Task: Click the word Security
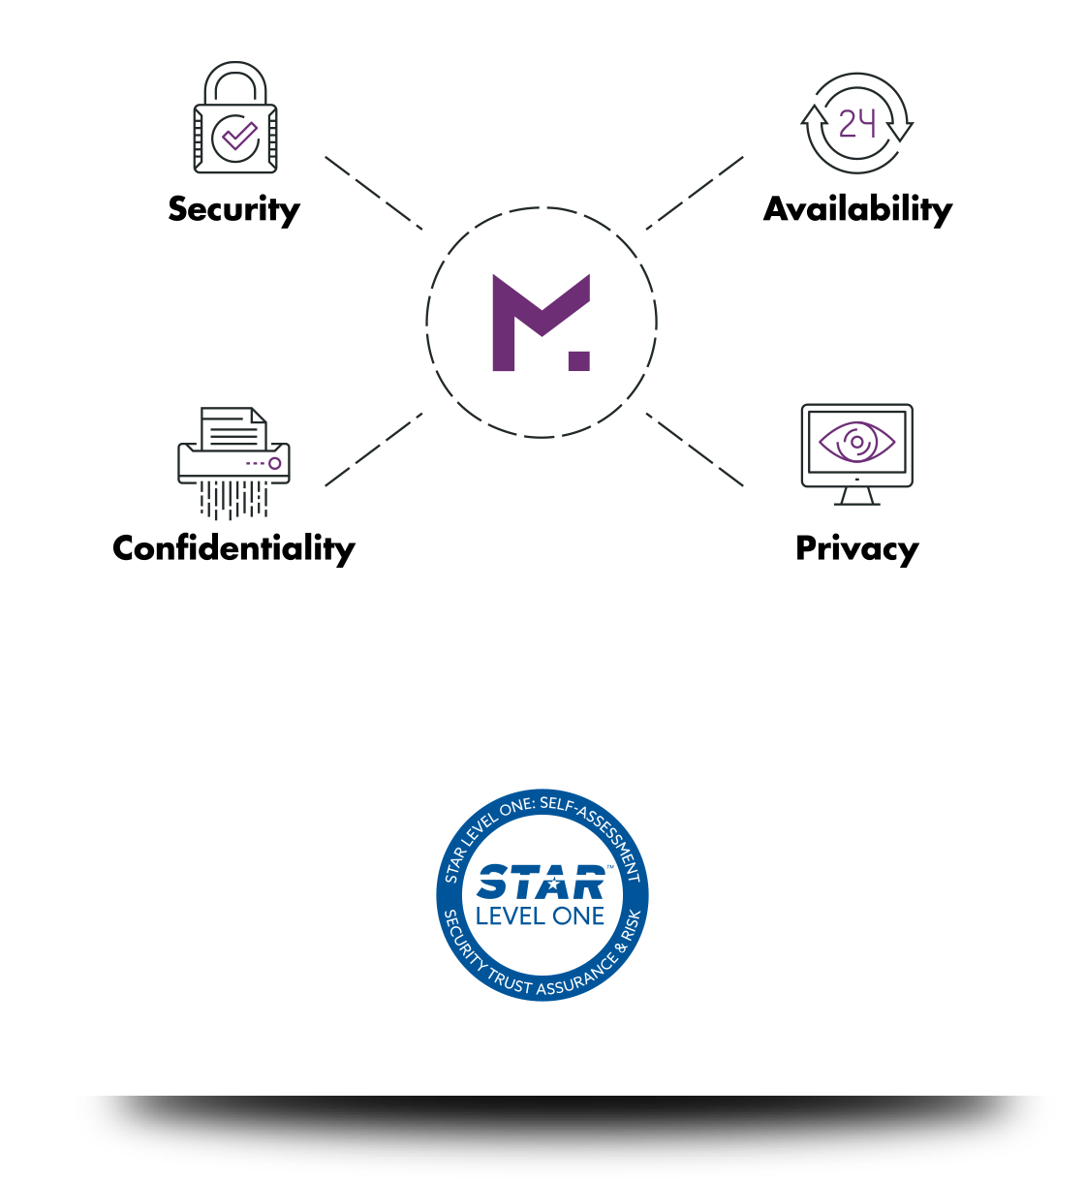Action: click(233, 210)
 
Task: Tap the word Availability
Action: click(857, 210)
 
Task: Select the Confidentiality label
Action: click(233, 549)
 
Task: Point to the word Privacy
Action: click(857, 549)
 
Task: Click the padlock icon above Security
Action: click(235, 117)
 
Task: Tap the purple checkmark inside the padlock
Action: click(239, 136)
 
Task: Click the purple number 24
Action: click(857, 123)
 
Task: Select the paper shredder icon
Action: click(233, 463)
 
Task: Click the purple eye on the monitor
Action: click(857, 442)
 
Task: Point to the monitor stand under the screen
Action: click(857, 496)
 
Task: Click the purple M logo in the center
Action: click(541, 323)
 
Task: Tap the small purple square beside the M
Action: click(579, 361)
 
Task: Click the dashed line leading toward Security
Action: click(374, 194)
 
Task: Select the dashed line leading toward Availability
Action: click(695, 194)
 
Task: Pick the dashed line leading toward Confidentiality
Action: click(374, 450)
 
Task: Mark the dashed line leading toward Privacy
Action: click(695, 450)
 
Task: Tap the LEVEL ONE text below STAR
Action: click(540, 916)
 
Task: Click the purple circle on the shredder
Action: click(274, 464)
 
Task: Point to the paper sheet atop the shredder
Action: click(233, 428)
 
